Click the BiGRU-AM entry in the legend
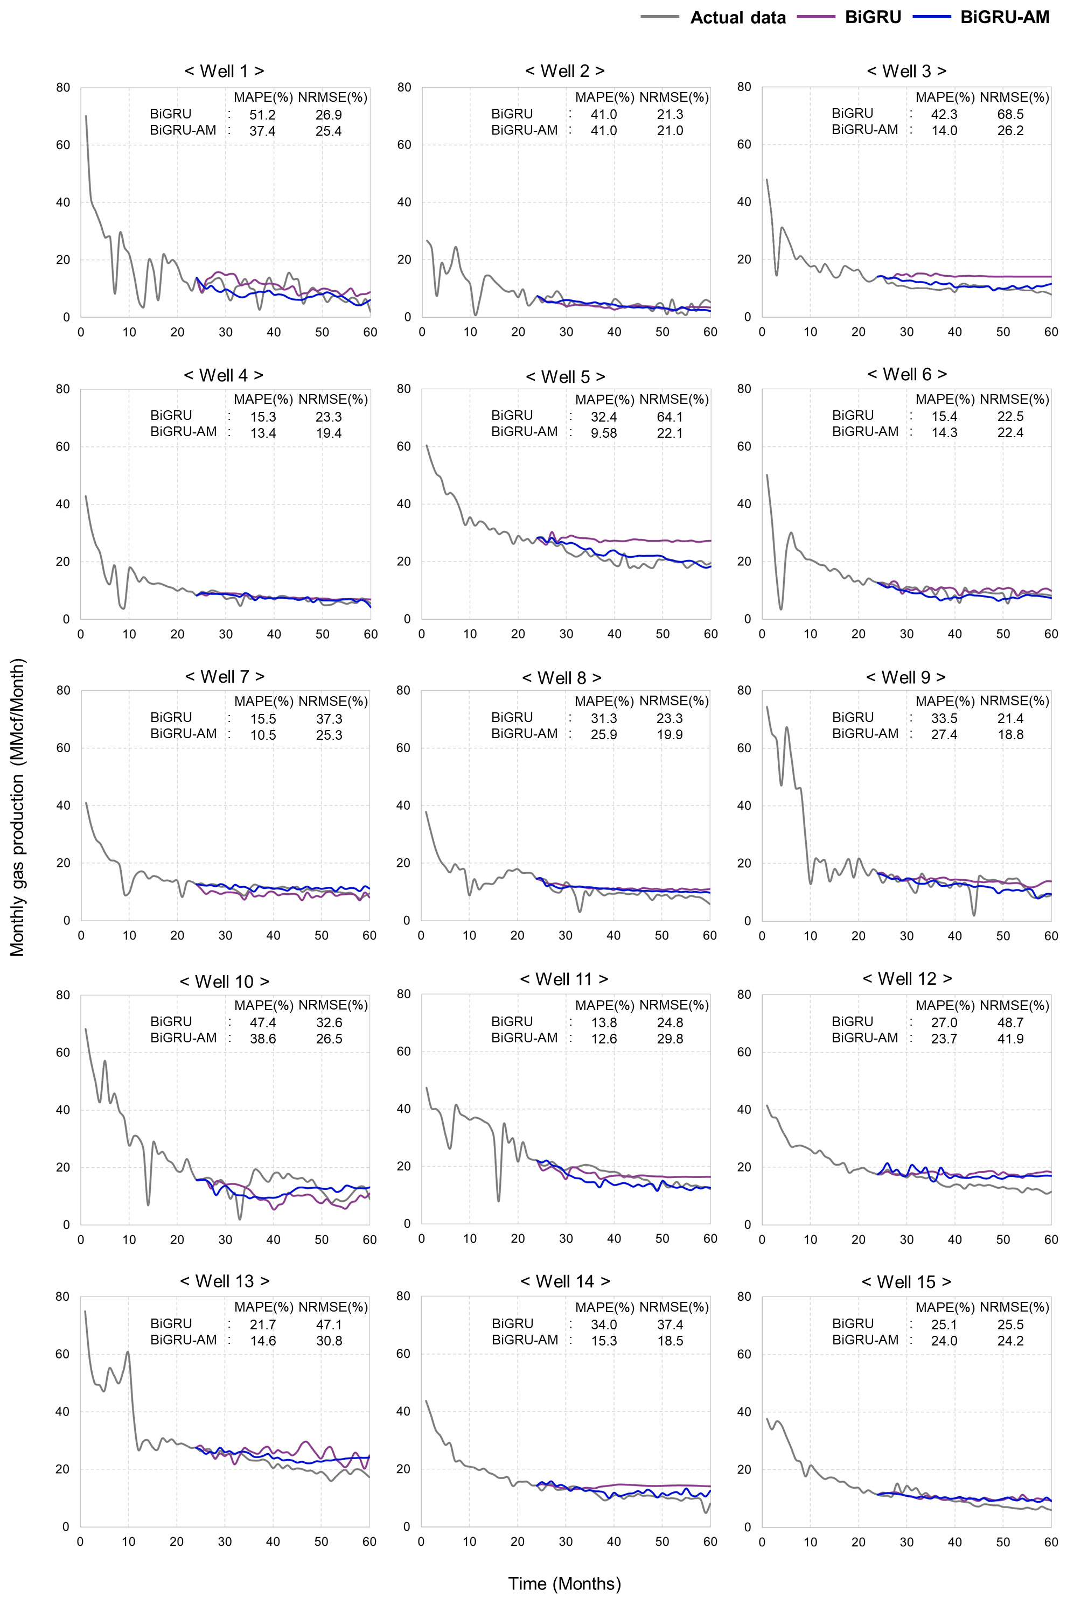click(1005, 17)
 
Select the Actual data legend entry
click(738, 18)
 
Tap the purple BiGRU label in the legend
click(873, 17)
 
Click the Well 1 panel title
click(225, 71)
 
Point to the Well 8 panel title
click(562, 678)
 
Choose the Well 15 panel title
click(906, 1282)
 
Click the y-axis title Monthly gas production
click(18, 807)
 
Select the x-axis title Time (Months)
click(565, 1583)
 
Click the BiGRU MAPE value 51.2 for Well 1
click(263, 115)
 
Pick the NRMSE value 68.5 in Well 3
click(1010, 114)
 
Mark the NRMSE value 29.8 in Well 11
click(670, 1039)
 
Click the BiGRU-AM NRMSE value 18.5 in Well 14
click(670, 1341)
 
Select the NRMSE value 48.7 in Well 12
click(1010, 1022)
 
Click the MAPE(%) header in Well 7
click(263, 701)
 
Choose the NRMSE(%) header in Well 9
click(1014, 701)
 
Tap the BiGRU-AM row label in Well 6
click(865, 432)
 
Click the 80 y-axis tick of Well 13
click(62, 1296)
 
